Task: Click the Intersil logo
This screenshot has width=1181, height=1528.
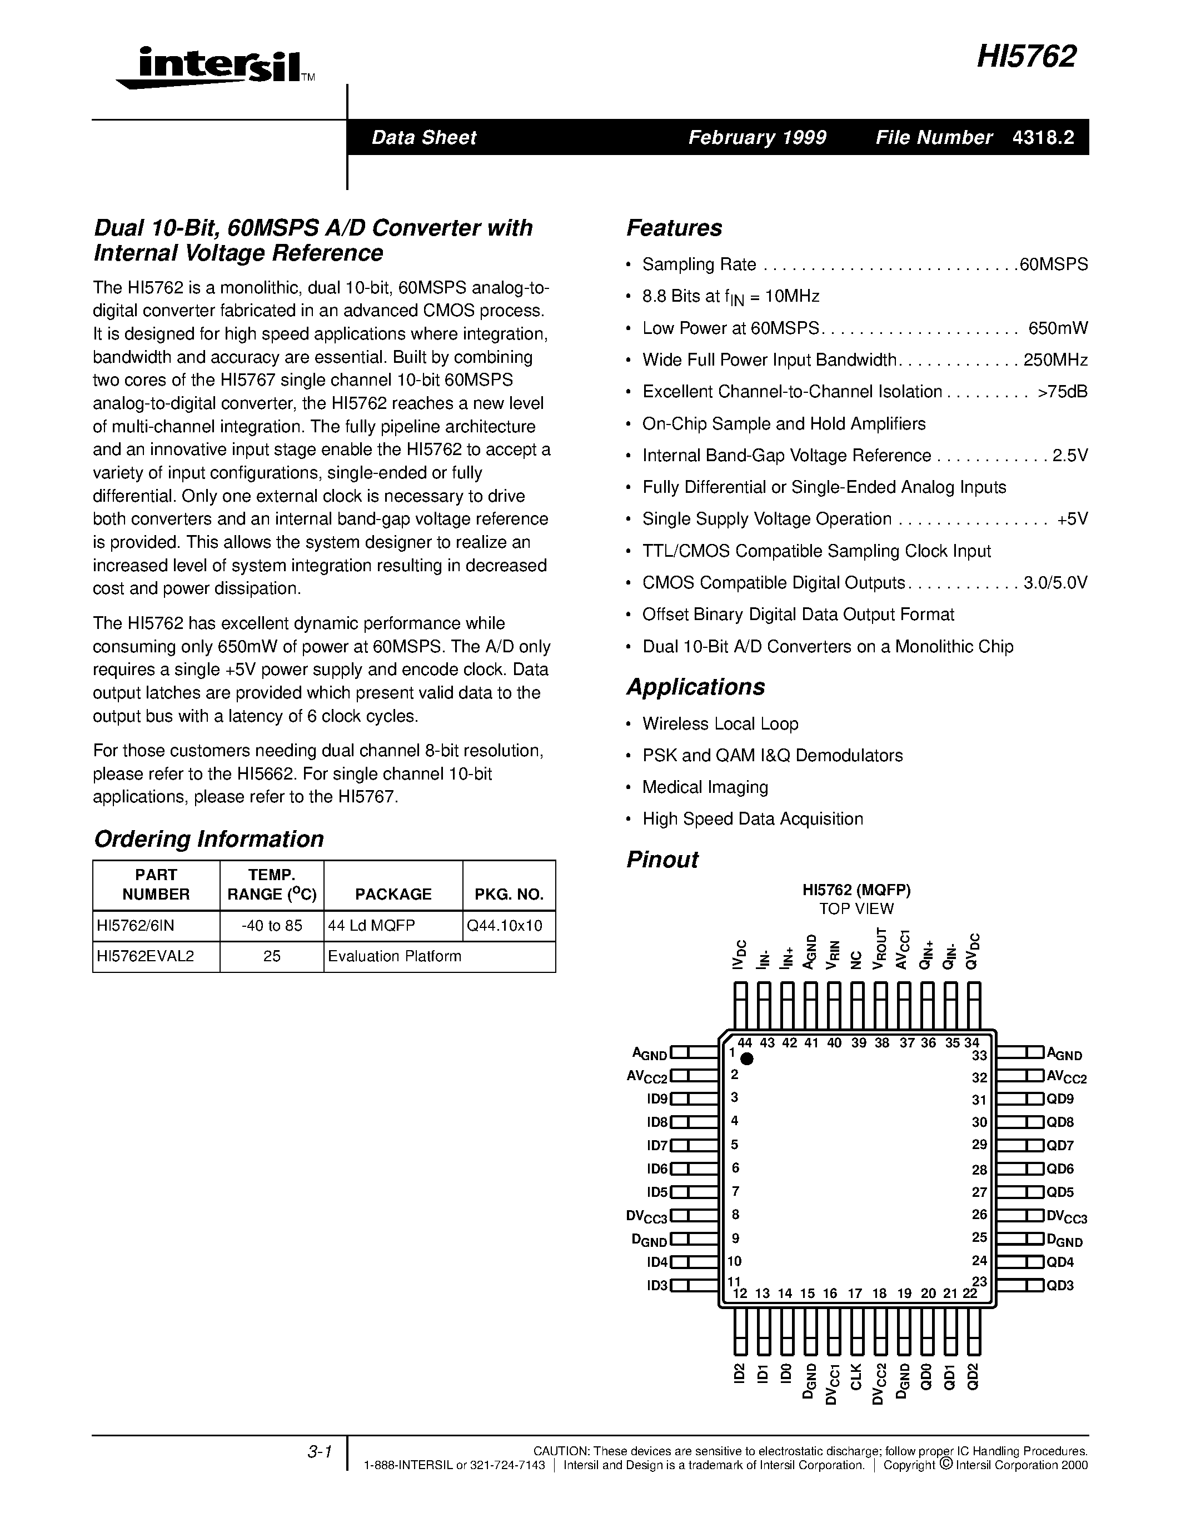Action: pyautogui.click(x=210, y=68)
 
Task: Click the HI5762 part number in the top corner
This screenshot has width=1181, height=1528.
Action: pyautogui.click(x=1026, y=57)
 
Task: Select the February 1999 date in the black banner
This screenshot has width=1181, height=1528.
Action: pyautogui.click(x=757, y=137)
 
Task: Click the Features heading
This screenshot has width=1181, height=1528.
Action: pyautogui.click(x=674, y=228)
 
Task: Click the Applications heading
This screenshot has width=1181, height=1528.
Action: pyautogui.click(x=695, y=686)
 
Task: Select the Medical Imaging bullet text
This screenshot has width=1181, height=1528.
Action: pyautogui.click(x=705, y=787)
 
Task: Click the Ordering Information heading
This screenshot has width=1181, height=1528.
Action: pyautogui.click(x=208, y=839)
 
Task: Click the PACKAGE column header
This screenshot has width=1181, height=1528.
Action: pyautogui.click(x=393, y=894)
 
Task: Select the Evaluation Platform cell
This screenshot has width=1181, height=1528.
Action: pyautogui.click(x=395, y=956)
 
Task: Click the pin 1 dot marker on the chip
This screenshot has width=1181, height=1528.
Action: pyautogui.click(x=746, y=1058)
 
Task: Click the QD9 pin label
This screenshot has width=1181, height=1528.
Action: pyautogui.click(x=1059, y=1098)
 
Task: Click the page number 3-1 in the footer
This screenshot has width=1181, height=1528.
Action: pyautogui.click(x=319, y=1452)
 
